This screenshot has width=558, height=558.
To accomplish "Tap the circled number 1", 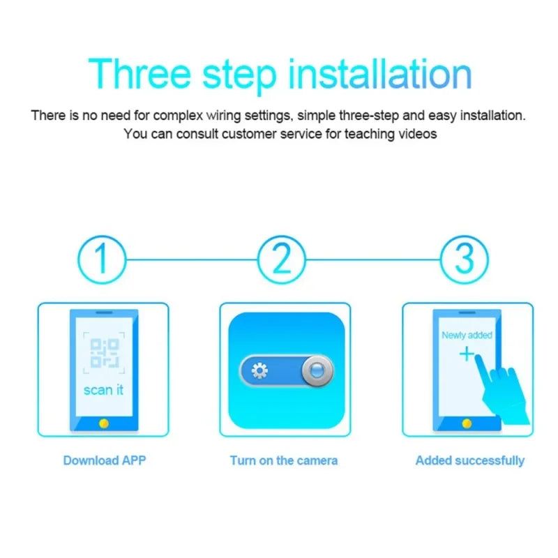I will tap(102, 259).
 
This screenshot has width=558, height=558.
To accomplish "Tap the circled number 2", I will tap(282, 259).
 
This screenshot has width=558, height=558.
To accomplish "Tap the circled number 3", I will tap(464, 259).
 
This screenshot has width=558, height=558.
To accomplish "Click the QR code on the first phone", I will tap(104, 352).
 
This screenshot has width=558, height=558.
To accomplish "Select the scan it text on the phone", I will tap(103, 390).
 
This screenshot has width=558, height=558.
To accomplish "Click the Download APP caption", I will tap(105, 460).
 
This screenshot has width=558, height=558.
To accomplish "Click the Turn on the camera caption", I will tap(284, 460).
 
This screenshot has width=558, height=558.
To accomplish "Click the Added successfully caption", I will tap(469, 460).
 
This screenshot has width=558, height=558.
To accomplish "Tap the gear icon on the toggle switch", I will tap(259, 370).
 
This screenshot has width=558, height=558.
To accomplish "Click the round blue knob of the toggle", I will tap(317, 370).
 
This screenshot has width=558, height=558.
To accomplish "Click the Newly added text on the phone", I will tap(467, 335).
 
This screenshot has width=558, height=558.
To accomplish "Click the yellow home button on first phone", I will tap(104, 423).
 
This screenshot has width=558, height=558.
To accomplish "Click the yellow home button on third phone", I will tap(466, 423).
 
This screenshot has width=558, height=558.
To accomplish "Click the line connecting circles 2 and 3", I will tap(373, 259).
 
